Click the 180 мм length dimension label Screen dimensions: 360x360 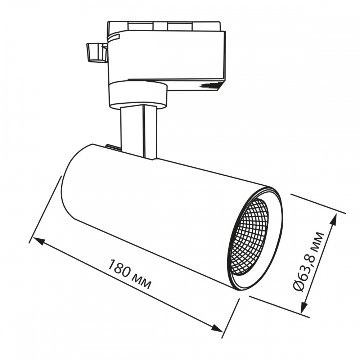(x=129, y=274)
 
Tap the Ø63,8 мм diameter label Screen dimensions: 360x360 (x=309, y=262)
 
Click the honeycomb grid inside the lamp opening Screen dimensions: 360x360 (x=249, y=237)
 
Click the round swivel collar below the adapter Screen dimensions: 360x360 (x=138, y=94)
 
